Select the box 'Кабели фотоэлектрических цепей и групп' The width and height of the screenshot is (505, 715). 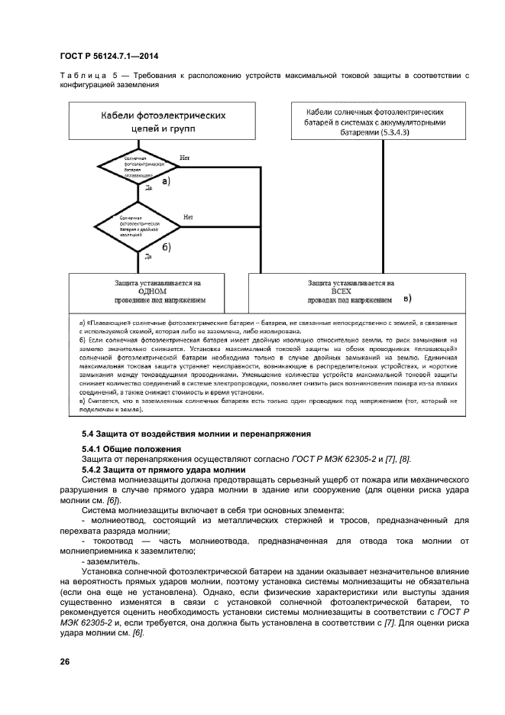[163, 122]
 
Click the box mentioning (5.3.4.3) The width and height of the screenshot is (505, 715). [380, 122]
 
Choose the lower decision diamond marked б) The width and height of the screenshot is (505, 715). [137, 226]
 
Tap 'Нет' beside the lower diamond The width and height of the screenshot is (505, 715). [188, 217]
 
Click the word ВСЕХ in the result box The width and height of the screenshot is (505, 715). [350, 291]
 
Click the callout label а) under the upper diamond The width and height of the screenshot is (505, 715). [163, 181]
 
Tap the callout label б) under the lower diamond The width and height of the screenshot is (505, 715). [165, 246]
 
